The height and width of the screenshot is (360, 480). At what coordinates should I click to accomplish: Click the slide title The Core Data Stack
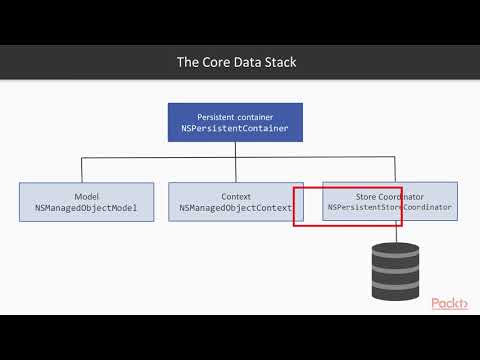(x=236, y=62)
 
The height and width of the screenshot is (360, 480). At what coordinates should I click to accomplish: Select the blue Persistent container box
(x=236, y=123)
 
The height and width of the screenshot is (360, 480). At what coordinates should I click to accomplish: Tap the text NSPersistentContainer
(x=236, y=130)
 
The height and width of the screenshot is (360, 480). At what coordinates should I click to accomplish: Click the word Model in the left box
(x=86, y=196)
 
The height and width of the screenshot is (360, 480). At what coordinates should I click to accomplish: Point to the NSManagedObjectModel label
(x=86, y=209)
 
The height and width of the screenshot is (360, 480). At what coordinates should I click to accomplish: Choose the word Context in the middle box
(x=236, y=196)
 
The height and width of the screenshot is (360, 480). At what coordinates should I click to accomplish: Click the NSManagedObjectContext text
(x=236, y=209)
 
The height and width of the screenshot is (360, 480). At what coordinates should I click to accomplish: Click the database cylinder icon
(x=395, y=267)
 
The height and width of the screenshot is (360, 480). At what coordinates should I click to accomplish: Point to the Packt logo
(x=451, y=304)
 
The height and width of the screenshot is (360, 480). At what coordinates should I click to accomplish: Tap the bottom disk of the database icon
(x=395, y=284)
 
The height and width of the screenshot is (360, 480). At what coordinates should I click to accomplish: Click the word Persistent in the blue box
(x=220, y=116)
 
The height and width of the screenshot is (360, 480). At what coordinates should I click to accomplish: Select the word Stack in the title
(x=279, y=62)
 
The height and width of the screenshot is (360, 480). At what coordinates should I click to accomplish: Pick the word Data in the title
(x=246, y=62)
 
